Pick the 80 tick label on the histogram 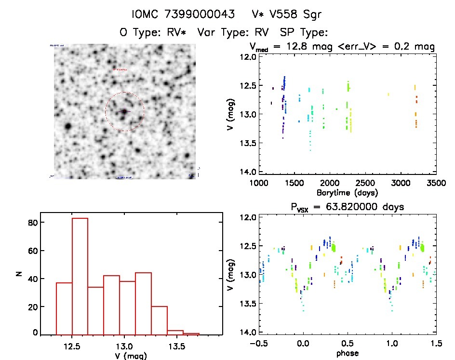pyautogui.click(x=33, y=223)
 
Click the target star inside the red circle pyautogui.click(x=124, y=111)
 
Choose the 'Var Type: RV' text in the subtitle pyautogui.click(x=233, y=33)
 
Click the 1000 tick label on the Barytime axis pyautogui.click(x=259, y=183)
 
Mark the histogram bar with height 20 pyautogui.click(x=159, y=320)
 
